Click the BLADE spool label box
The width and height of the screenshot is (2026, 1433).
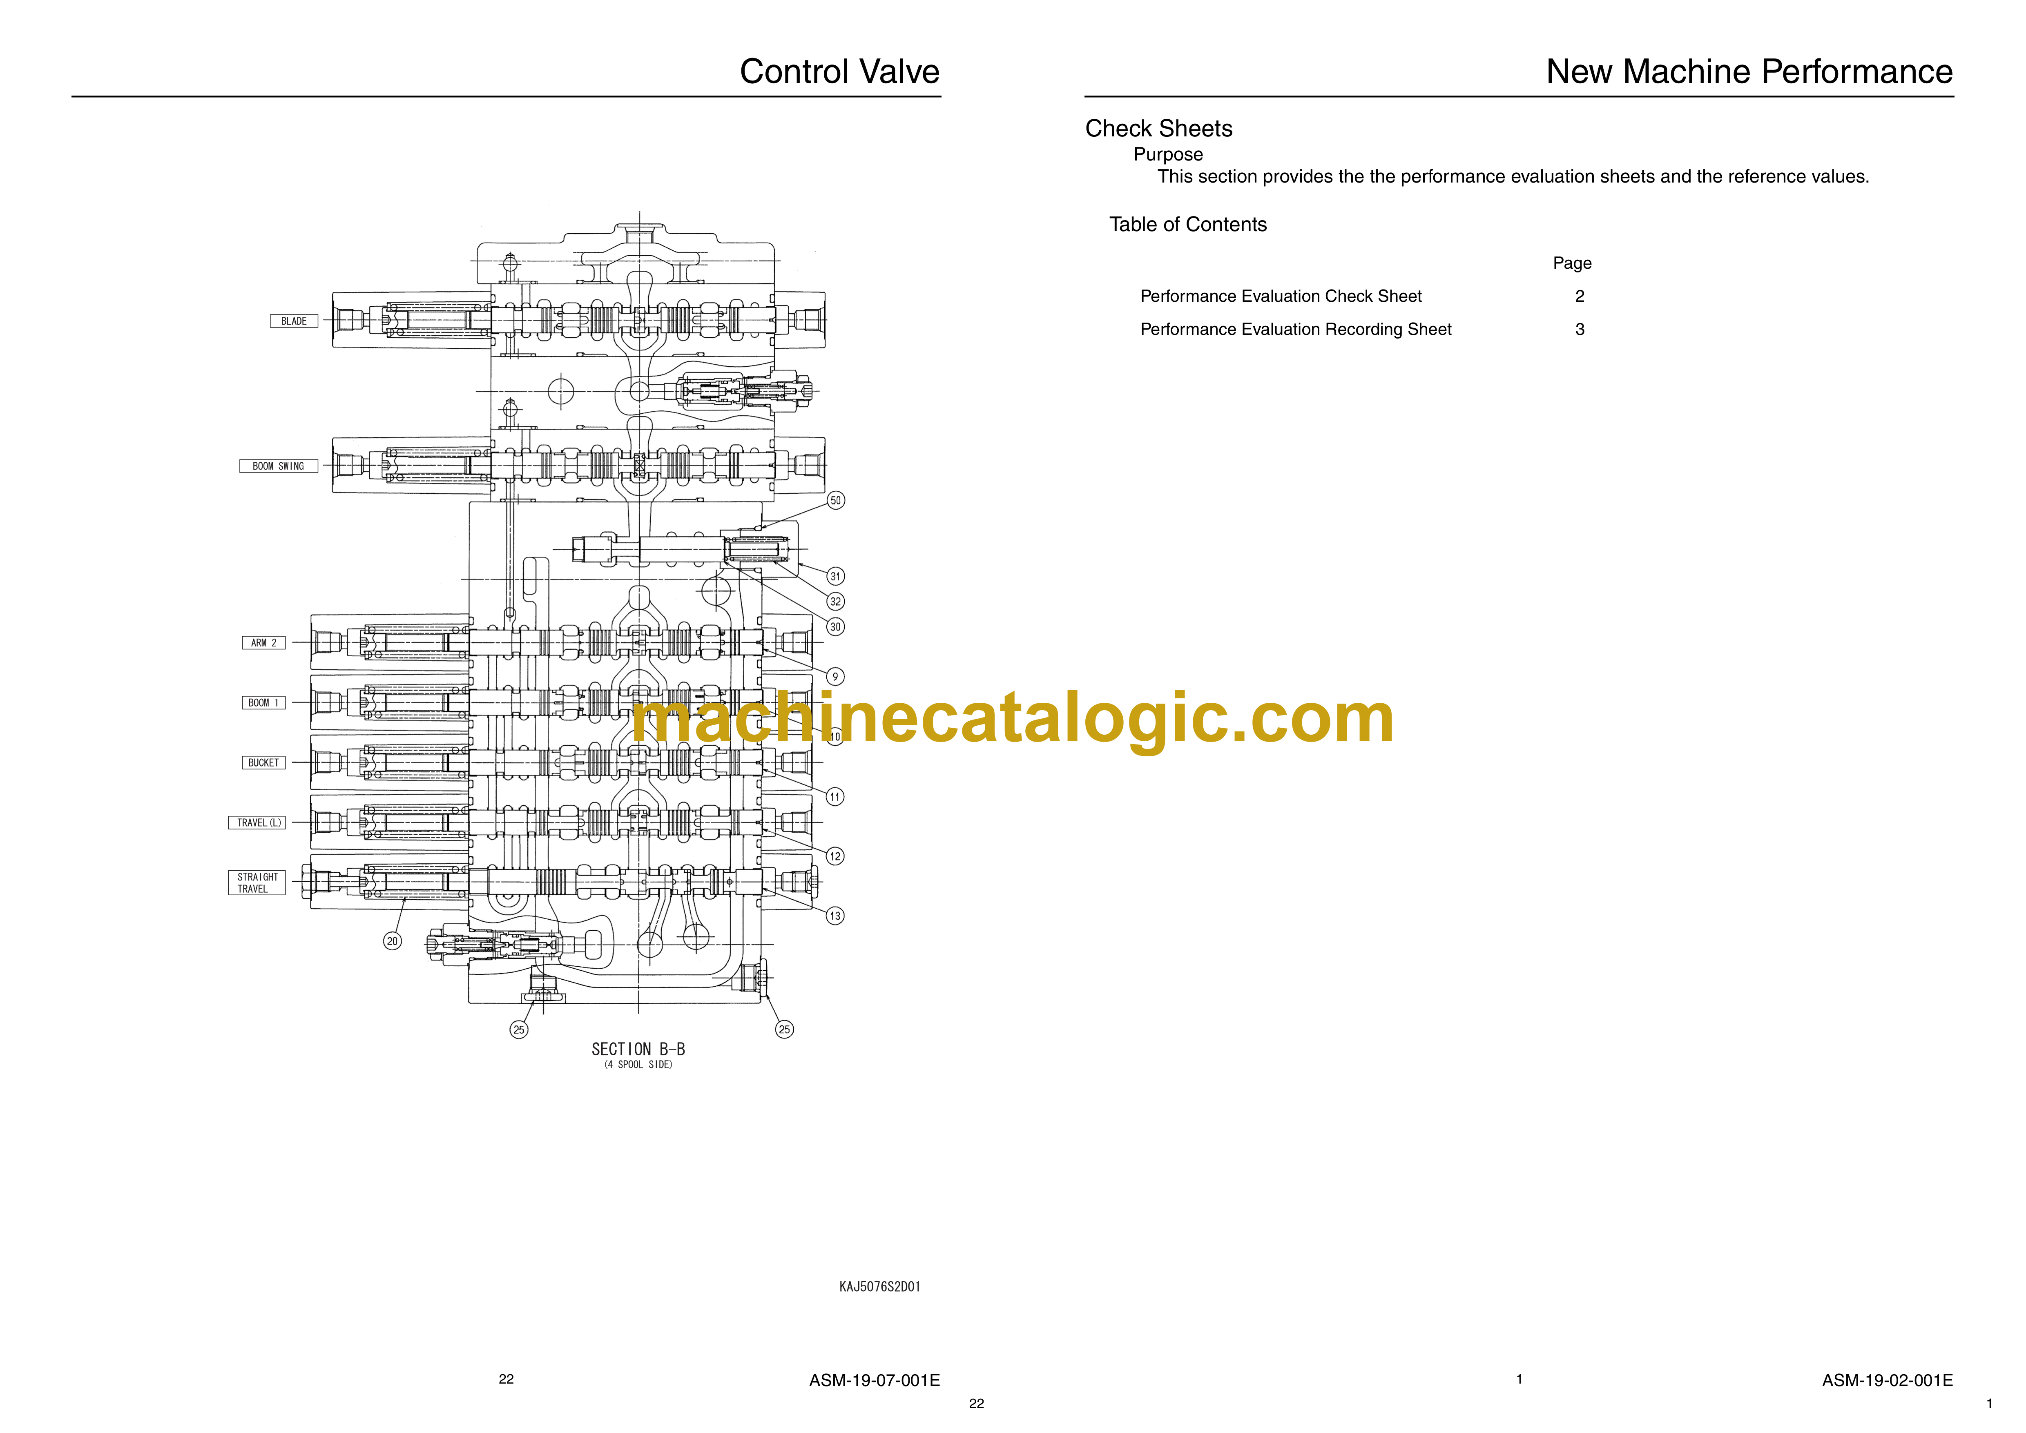(294, 321)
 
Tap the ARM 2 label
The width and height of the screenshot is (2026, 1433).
(264, 642)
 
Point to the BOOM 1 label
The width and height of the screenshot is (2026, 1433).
(264, 702)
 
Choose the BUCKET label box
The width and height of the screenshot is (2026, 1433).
(264, 762)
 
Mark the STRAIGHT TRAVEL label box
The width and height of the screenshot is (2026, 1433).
(257, 883)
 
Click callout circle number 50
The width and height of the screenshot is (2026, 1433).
(836, 500)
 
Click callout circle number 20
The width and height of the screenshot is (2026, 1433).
(393, 940)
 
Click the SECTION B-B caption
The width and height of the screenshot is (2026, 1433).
(638, 1049)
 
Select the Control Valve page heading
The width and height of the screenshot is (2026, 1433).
(839, 71)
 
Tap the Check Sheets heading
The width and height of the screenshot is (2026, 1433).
(1158, 129)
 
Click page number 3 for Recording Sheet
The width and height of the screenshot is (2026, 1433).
(1580, 329)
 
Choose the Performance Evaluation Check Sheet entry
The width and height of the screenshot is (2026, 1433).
(1281, 296)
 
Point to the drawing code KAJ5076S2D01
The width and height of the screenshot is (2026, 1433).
(880, 1286)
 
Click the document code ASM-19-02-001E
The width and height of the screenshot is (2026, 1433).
(1888, 1380)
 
